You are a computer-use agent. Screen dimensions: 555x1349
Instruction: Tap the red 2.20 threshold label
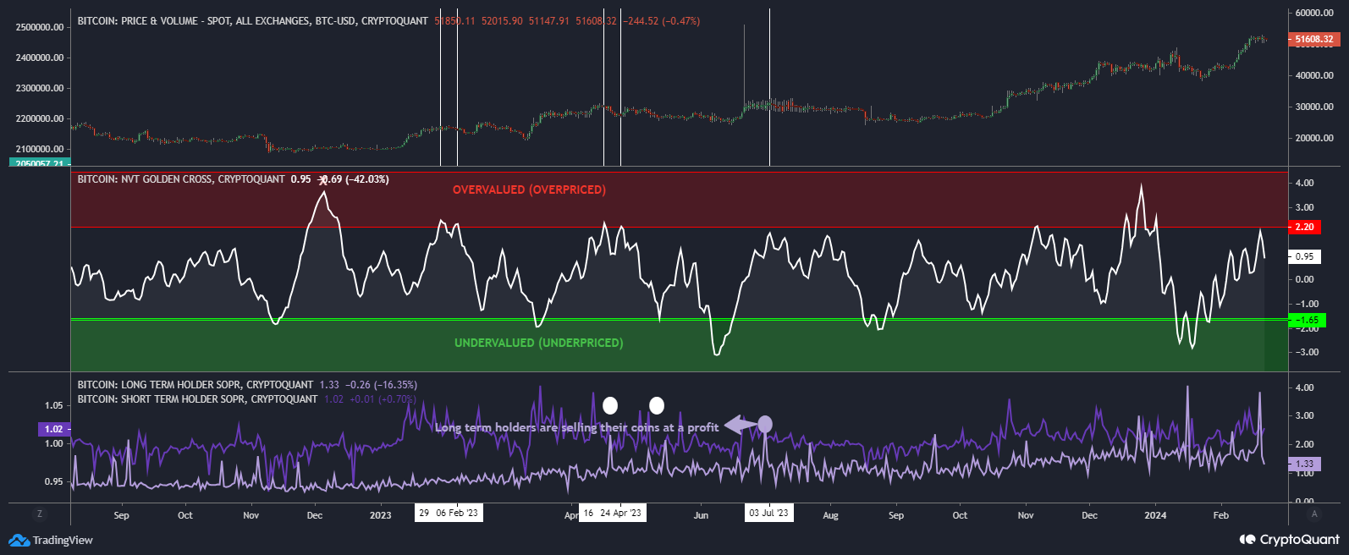1304,227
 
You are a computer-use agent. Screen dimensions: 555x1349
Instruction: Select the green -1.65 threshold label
1307,320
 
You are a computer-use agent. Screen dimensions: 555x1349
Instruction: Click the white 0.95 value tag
1304,256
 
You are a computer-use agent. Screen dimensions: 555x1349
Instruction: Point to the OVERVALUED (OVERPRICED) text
529,190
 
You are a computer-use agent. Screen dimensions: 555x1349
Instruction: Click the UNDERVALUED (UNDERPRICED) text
538,343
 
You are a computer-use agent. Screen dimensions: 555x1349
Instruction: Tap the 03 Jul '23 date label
768,513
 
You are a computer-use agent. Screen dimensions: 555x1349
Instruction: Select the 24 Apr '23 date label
620,513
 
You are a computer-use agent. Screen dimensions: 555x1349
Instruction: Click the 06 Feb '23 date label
457,513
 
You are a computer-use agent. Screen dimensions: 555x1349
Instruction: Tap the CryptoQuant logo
1290,539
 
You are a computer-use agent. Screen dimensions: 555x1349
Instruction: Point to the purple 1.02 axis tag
53,429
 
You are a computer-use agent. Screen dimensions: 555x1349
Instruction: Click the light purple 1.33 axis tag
1304,464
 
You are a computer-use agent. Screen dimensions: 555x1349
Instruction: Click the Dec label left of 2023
315,515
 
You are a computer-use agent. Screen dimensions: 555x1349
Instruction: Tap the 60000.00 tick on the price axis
1314,13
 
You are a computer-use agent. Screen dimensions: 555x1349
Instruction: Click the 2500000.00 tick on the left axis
40,27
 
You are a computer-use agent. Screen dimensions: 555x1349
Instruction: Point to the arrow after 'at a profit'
740,425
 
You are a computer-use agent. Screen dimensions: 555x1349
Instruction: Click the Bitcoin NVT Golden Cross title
181,179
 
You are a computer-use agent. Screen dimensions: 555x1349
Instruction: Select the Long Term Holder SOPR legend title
195,385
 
